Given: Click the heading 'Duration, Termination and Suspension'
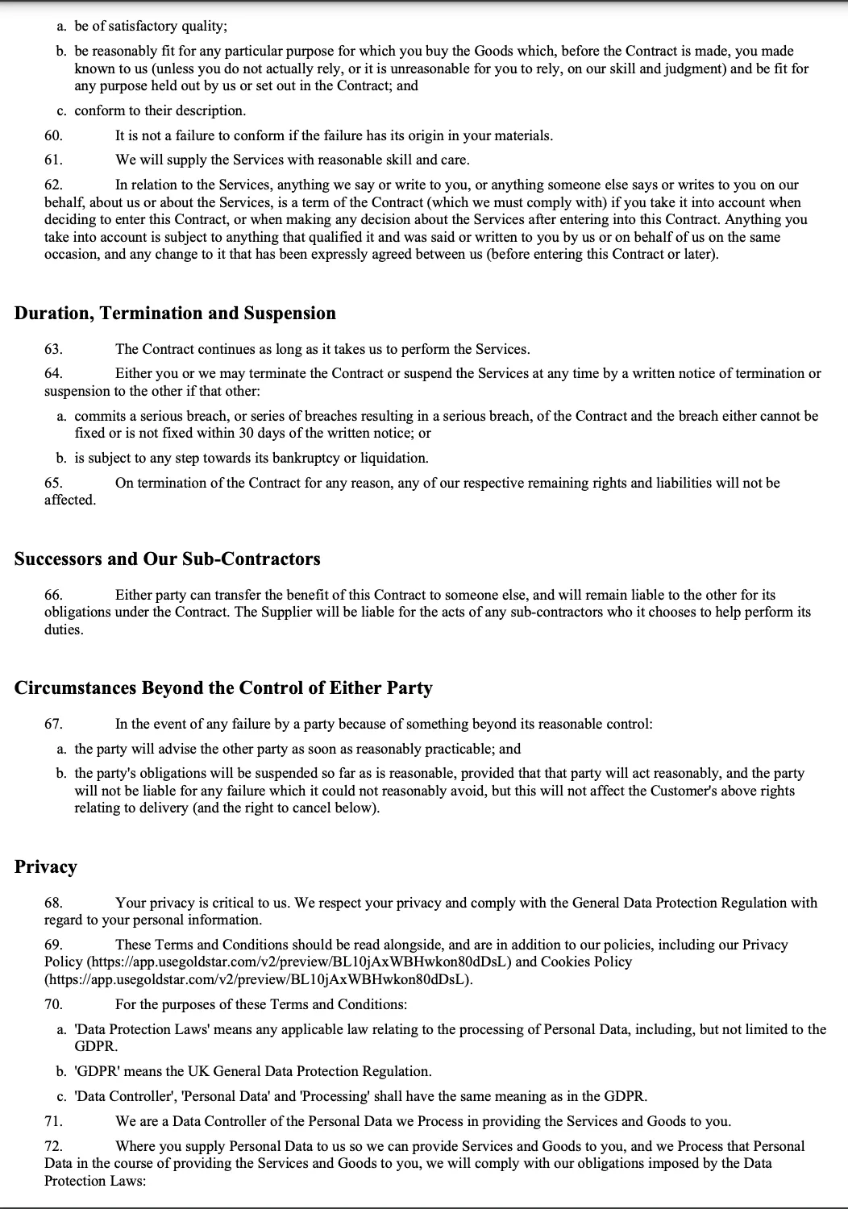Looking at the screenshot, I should point(175,314).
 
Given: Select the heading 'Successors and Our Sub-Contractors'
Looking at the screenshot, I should point(167,559).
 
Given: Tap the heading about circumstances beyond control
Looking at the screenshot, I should point(223,688).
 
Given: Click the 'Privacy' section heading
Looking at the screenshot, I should point(46,867).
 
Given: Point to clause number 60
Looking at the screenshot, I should point(53,135).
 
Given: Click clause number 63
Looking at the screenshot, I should point(53,349).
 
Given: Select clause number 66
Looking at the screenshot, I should point(53,595).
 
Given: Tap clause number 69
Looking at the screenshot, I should point(53,945).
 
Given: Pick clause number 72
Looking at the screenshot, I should point(53,1146).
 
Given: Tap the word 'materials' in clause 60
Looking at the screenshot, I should point(520,135).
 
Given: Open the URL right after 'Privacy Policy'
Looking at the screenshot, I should point(298,962).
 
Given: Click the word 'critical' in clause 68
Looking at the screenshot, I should point(231,903).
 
